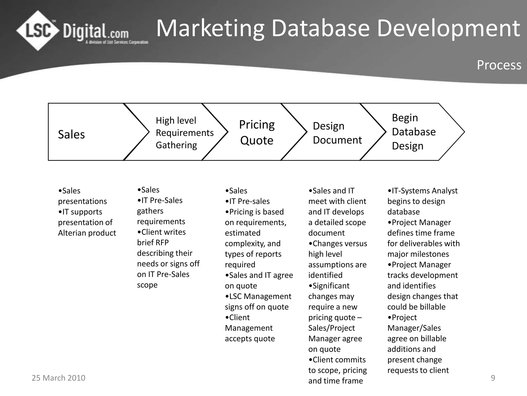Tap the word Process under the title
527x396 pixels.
pyautogui.click(x=499, y=65)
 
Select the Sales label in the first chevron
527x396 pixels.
pyautogui.click(x=71, y=135)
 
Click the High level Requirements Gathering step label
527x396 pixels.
pyautogui.click(x=185, y=133)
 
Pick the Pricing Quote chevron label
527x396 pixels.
pyautogui.click(x=257, y=133)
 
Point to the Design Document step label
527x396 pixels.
pyautogui.click(x=337, y=133)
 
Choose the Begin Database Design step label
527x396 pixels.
pyautogui.click(x=414, y=132)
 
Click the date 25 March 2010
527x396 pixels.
pyautogui.click(x=58, y=378)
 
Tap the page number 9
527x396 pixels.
pyautogui.click(x=493, y=378)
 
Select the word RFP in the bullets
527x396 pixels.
pyautogui.click(x=161, y=243)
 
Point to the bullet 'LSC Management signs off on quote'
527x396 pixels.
pyautogui.click(x=258, y=302)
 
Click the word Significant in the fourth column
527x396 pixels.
pyautogui.click(x=331, y=286)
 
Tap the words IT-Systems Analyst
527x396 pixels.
pyautogui.click(x=425, y=191)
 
